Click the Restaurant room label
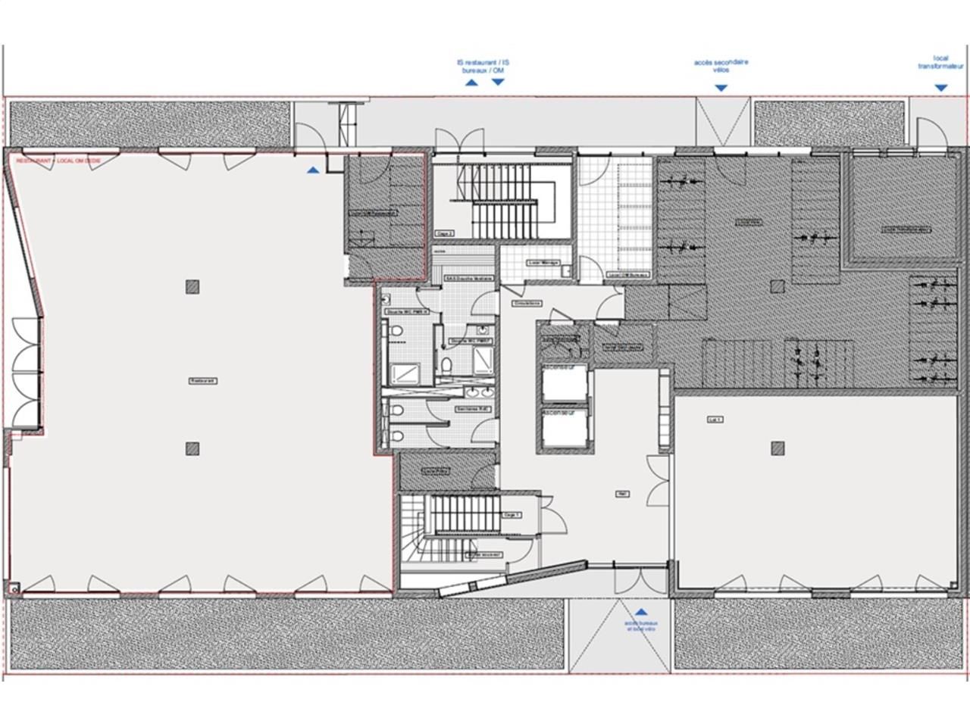pyautogui.click(x=202, y=381)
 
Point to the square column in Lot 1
pyautogui.click(x=778, y=448)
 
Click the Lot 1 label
pyautogui.click(x=715, y=419)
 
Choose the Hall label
pyautogui.click(x=622, y=494)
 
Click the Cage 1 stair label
pyautogui.click(x=512, y=514)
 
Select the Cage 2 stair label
pyautogui.click(x=445, y=233)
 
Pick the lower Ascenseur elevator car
pyautogui.click(x=565, y=430)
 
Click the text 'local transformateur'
pyautogui.click(x=940, y=62)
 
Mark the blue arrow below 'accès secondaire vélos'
pyautogui.click(x=721, y=88)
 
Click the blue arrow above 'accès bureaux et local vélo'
pyautogui.click(x=641, y=611)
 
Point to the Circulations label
pyautogui.click(x=526, y=303)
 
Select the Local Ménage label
pyautogui.click(x=543, y=263)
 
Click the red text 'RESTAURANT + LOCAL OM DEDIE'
pyautogui.click(x=58, y=161)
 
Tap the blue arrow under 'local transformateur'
pyautogui.click(x=940, y=88)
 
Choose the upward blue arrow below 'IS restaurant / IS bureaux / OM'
pyautogui.click(x=471, y=82)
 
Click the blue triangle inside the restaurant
pyautogui.click(x=314, y=170)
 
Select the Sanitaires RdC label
pyautogui.click(x=473, y=409)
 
